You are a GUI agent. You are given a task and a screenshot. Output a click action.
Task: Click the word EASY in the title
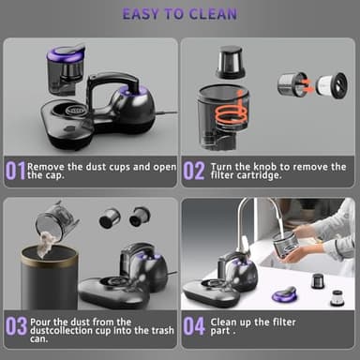[x=145, y=14]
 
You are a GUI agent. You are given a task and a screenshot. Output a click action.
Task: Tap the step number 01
[x=15, y=172]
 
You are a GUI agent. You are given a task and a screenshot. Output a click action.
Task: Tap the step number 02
[x=193, y=172]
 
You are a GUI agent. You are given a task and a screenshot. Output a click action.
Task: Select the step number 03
[x=15, y=326]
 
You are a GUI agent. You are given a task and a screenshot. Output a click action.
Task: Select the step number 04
[x=193, y=326]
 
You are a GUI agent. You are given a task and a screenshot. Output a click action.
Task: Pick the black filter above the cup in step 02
[x=230, y=63]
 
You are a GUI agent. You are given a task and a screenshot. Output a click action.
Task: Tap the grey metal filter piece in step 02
[x=292, y=85]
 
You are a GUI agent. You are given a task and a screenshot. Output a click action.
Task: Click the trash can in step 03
[x=49, y=277]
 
